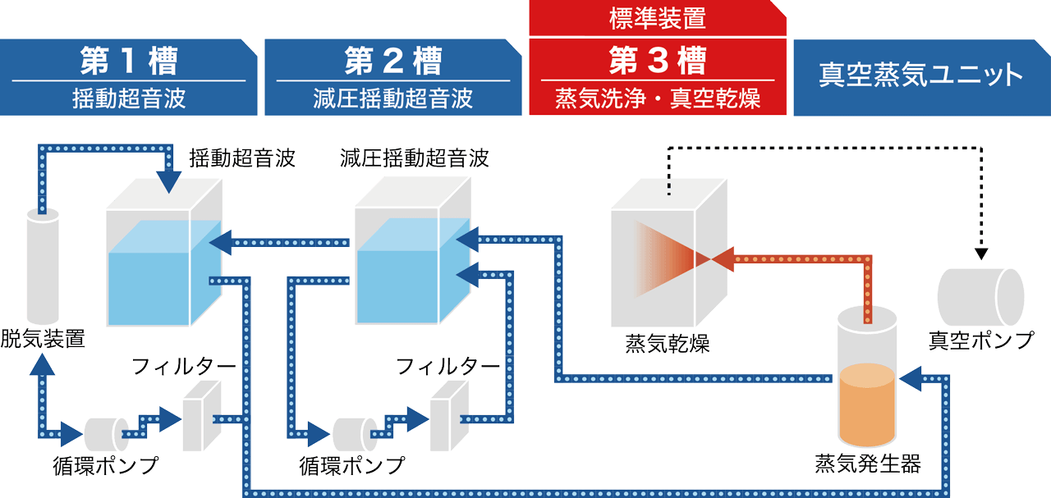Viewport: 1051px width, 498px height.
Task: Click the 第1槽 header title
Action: (129, 61)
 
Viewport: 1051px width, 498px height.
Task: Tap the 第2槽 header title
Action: (392, 61)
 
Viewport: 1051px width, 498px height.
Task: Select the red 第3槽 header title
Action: (657, 61)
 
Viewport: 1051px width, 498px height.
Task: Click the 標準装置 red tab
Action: (657, 17)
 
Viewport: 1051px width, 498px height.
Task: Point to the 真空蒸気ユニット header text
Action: (920, 75)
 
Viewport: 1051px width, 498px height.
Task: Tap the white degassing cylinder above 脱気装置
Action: (43, 267)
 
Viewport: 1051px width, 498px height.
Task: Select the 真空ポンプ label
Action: (981, 339)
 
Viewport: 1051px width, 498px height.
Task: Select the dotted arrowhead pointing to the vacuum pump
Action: (981, 254)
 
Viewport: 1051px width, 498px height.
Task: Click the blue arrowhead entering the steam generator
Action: (911, 379)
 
